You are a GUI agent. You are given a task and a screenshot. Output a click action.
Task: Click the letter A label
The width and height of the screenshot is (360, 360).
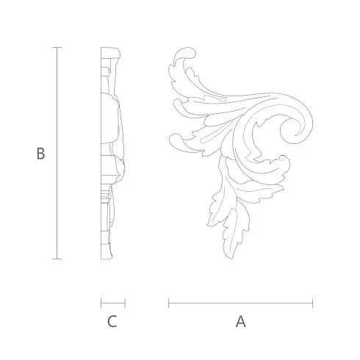coord(241,322)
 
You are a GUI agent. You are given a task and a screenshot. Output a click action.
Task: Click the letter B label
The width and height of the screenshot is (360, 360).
coord(40,154)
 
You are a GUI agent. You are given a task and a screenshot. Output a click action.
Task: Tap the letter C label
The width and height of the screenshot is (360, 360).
coord(112,322)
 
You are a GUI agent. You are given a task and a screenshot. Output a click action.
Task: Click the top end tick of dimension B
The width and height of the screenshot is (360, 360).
coord(57,47)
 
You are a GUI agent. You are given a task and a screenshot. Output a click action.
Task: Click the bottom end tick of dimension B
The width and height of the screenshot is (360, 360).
coord(57,259)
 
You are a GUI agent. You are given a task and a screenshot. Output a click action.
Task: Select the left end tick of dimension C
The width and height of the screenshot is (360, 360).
coord(101,303)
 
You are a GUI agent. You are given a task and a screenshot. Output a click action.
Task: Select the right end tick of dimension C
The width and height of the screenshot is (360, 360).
coord(125,303)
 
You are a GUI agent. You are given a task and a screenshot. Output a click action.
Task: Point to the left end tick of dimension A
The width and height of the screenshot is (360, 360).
coord(168,303)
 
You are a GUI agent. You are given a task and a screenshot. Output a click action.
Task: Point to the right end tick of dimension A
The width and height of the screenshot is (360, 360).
coord(312,303)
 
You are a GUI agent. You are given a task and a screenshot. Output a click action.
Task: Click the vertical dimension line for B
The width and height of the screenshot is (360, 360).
coord(57,153)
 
